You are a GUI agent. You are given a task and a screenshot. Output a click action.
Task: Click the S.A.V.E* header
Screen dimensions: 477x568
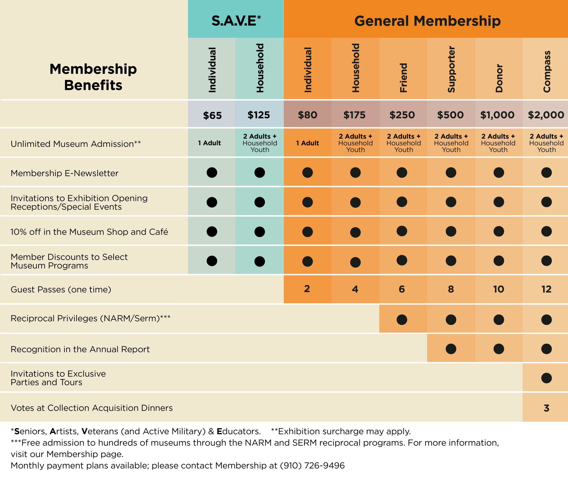(236, 21)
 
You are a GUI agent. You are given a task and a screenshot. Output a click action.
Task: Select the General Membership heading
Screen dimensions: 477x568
(427, 21)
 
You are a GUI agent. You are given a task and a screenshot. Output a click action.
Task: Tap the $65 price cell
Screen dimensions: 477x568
(212, 115)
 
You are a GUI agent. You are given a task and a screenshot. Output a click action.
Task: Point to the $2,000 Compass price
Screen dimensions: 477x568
(546, 115)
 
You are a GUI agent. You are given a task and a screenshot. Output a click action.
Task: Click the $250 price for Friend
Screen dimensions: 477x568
(402, 115)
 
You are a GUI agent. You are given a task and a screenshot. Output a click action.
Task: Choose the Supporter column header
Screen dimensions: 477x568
(451, 69)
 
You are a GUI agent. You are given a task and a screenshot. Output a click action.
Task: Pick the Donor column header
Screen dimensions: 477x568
(499, 78)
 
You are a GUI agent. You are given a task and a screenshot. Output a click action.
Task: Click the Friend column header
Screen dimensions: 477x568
(403, 78)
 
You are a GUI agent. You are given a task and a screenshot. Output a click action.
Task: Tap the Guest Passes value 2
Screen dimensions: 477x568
(307, 289)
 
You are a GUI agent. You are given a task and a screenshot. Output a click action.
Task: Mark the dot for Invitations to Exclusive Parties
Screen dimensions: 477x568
(546, 378)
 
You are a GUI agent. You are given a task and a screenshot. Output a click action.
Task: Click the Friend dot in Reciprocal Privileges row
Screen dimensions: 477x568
(402, 320)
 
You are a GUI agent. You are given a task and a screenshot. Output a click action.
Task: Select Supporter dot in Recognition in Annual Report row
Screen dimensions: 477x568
(451, 349)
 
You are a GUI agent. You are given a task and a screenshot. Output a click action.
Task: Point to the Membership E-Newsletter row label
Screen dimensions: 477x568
(65, 173)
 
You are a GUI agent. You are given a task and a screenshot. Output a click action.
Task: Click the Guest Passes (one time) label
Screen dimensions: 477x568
(61, 289)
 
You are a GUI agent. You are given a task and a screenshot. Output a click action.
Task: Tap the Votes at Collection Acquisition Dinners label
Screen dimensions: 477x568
(92, 408)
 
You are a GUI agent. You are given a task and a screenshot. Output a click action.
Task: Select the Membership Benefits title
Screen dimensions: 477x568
(93, 77)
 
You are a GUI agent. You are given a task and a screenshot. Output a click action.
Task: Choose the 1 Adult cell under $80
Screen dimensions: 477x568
(307, 143)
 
